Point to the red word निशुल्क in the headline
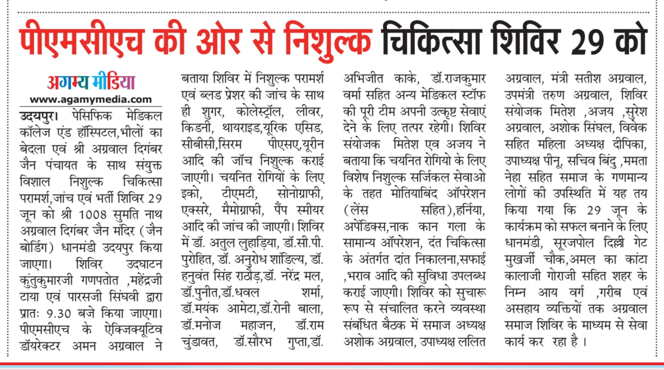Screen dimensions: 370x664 [328, 41]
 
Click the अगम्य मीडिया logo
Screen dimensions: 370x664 [91, 82]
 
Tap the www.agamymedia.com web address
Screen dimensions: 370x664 [91, 99]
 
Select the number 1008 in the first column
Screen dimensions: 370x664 [92, 215]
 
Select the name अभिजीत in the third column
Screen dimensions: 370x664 [363, 79]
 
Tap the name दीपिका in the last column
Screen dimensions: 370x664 [629, 145]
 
